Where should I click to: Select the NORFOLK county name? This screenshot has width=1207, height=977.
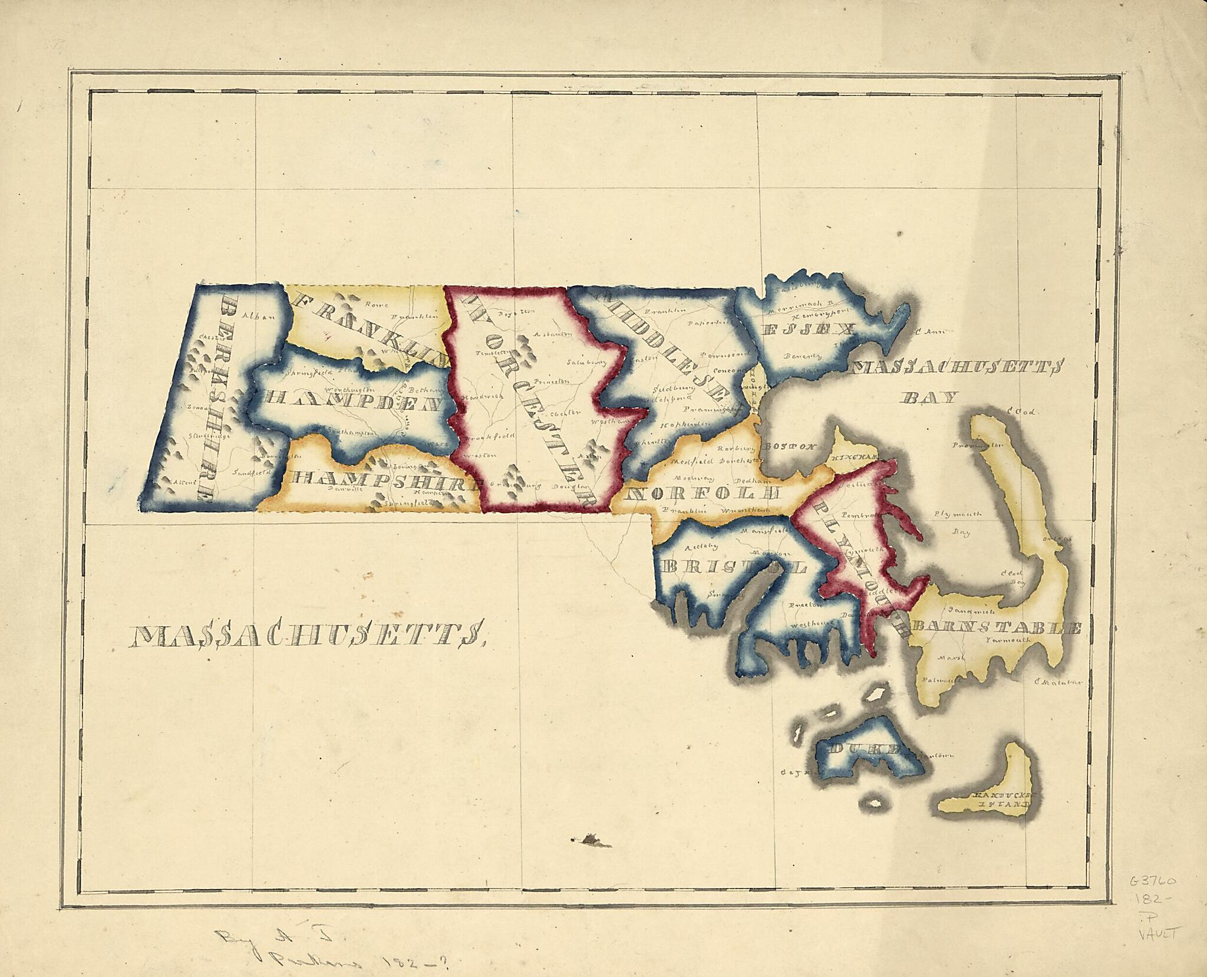pos(704,492)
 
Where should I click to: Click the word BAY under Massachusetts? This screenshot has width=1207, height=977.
pos(928,397)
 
